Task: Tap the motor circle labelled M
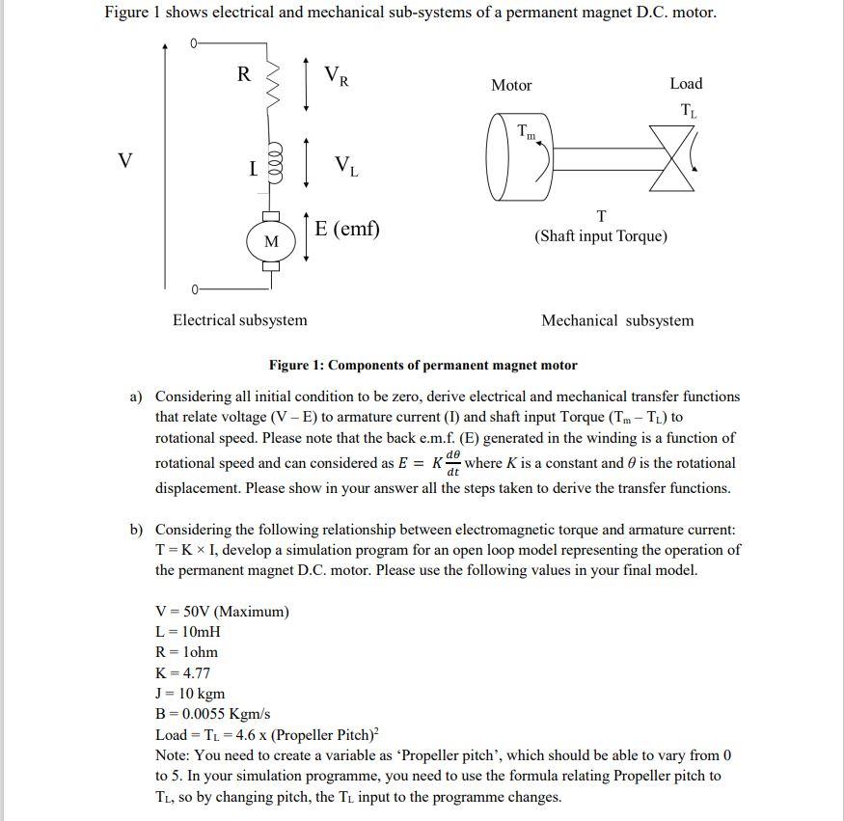click(x=271, y=241)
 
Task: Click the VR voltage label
click(x=336, y=75)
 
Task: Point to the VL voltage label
click(x=347, y=166)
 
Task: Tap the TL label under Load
click(x=689, y=111)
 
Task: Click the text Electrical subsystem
click(x=239, y=320)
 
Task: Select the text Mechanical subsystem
click(x=616, y=320)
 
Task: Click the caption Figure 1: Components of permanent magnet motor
click(x=422, y=366)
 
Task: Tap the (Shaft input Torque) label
click(x=601, y=235)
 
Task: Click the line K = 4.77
click(x=182, y=672)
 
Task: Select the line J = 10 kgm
click(x=190, y=694)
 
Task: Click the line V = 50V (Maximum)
click(x=222, y=612)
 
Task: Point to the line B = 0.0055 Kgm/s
click(x=212, y=714)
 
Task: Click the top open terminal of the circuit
click(x=194, y=43)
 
